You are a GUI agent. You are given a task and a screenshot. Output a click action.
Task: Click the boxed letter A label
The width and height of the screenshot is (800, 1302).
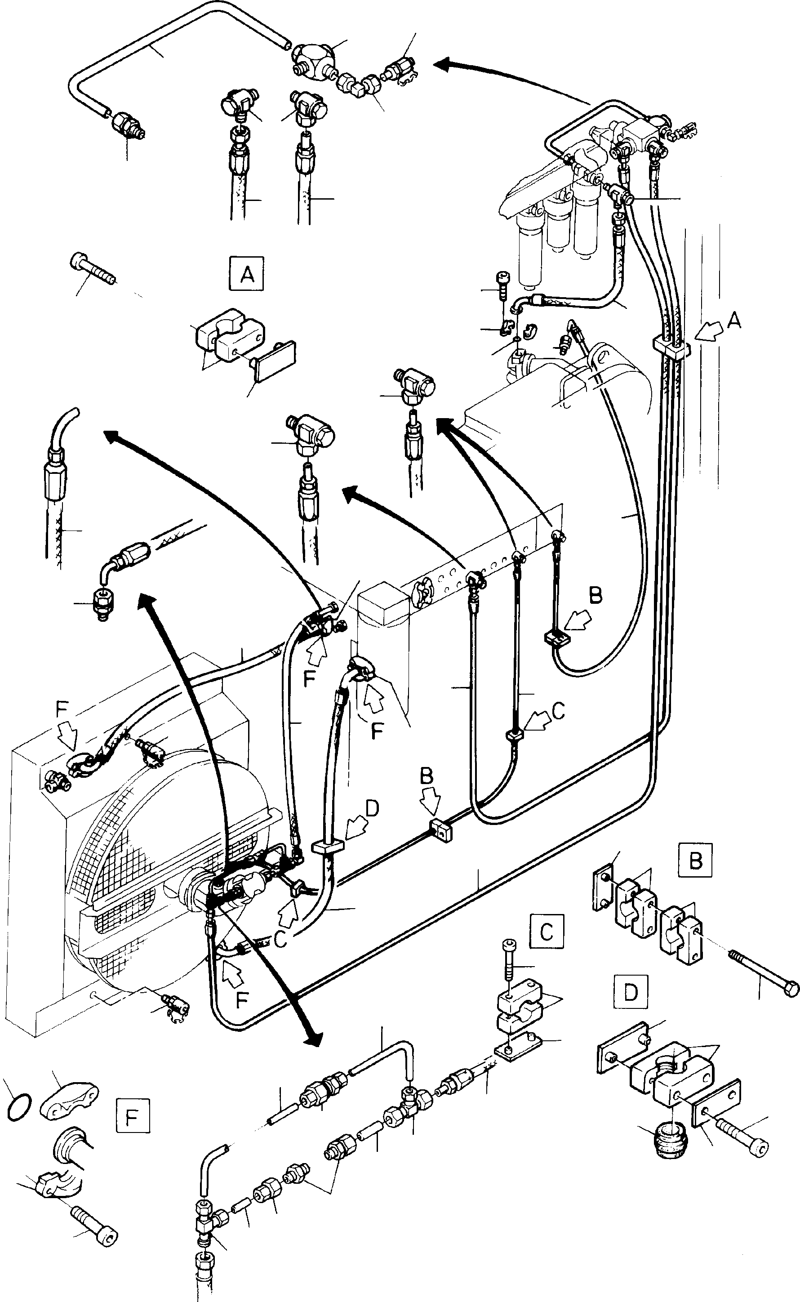[x=247, y=274]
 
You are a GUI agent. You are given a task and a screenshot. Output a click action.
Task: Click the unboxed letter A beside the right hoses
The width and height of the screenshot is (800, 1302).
[x=733, y=321]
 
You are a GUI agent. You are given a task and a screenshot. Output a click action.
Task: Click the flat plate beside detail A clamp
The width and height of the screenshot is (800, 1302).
[x=274, y=362]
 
